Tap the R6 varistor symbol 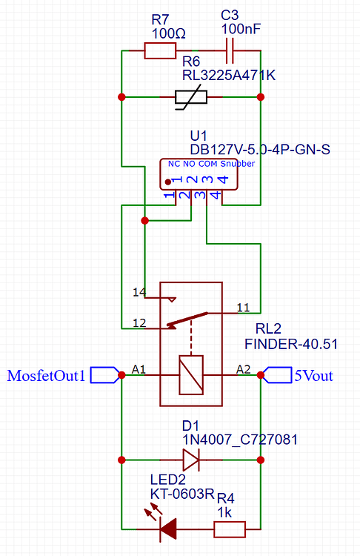coord(190,97)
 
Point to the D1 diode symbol coord(191,460)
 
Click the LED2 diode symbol coord(168,529)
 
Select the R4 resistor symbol coord(230,529)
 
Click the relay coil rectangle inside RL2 coord(191,375)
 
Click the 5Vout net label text coord(314,376)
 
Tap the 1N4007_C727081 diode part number coord(240,440)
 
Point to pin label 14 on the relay coord(139,292)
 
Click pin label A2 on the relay coord(244,368)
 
